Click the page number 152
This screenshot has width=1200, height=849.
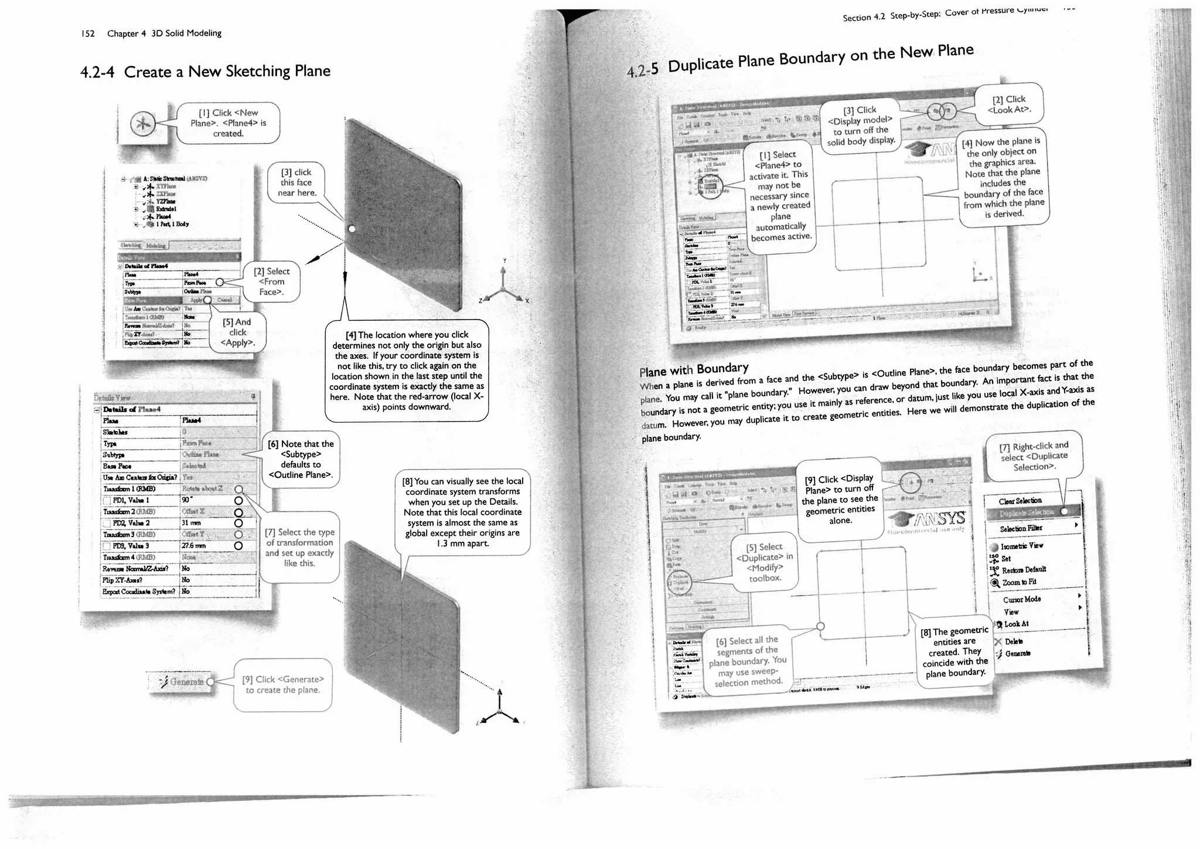point(88,34)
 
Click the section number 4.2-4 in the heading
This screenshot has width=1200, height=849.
point(97,73)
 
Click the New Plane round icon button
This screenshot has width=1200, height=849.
point(143,124)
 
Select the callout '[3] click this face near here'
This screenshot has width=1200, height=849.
point(297,183)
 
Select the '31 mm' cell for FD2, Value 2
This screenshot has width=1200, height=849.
point(192,523)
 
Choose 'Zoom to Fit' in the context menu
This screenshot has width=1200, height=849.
point(1019,582)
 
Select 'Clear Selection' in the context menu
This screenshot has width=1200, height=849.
point(1020,501)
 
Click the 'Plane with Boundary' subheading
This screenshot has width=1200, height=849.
point(694,370)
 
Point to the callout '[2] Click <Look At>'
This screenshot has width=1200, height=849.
point(1008,104)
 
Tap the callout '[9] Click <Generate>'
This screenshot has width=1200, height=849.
point(282,685)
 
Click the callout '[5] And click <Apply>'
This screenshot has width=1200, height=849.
point(237,332)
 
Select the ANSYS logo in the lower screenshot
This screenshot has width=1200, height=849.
point(927,519)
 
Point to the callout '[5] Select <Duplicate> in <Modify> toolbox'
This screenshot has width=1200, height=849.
point(764,562)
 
